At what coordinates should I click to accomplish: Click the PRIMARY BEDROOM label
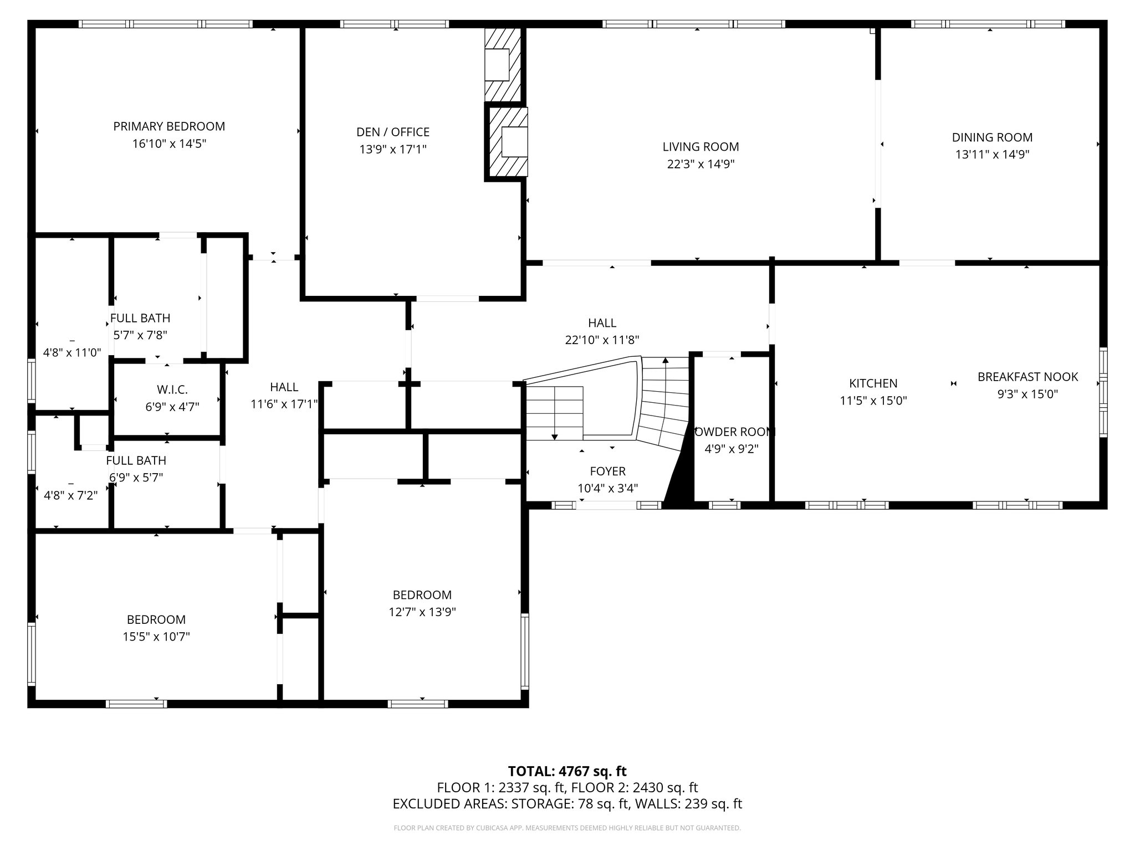tap(169, 126)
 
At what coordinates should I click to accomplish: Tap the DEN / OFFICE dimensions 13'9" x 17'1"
tap(393, 150)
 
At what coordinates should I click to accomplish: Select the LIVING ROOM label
tap(701, 147)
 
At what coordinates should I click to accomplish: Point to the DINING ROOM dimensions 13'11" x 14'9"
tap(992, 155)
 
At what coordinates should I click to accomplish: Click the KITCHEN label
tap(873, 383)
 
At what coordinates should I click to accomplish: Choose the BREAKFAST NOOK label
tap(1027, 377)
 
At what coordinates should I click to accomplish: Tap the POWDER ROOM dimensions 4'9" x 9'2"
tap(732, 449)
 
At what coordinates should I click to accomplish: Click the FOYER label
tap(607, 471)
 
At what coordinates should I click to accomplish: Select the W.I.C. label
tap(172, 389)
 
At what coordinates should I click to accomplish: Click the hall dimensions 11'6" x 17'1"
tap(284, 404)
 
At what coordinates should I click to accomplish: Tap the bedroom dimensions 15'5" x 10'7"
tap(156, 637)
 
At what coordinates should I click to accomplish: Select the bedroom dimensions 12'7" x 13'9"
tap(422, 612)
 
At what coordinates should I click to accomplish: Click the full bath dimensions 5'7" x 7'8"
tap(140, 335)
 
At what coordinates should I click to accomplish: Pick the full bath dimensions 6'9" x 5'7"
tap(136, 478)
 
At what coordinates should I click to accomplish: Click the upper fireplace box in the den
tap(497, 65)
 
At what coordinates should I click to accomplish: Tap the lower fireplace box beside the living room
tap(514, 142)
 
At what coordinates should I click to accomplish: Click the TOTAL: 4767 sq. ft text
tap(567, 771)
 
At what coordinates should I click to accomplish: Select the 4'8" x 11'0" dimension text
tap(72, 352)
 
